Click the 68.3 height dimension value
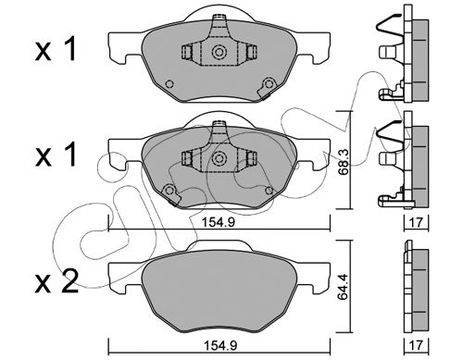click(x=343, y=162)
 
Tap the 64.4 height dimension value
click(x=343, y=287)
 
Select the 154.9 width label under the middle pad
click(x=219, y=222)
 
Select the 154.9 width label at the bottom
click(x=220, y=345)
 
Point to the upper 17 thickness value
click(x=416, y=222)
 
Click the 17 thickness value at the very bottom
click(x=417, y=345)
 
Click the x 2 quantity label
click(x=56, y=283)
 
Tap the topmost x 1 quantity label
click(x=56, y=49)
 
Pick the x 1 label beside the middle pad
click(x=56, y=155)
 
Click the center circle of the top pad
click(x=219, y=52)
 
